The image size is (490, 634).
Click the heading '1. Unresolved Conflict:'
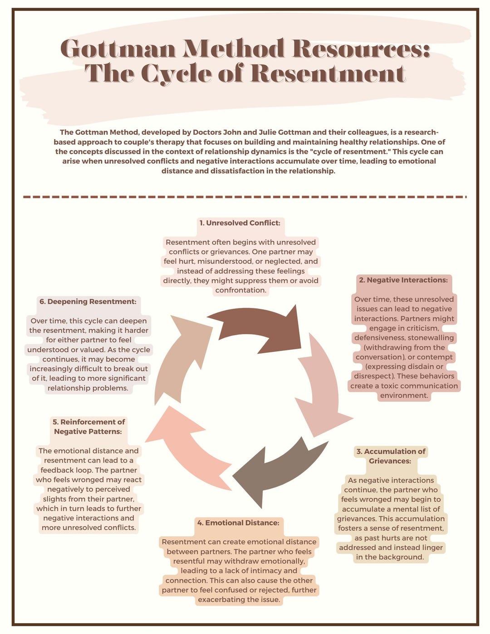point(240,223)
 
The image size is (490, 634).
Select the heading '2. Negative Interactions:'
point(403,280)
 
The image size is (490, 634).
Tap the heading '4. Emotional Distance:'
point(238,523)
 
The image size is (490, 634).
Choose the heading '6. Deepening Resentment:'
point(88,302)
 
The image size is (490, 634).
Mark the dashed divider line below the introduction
point(245,197)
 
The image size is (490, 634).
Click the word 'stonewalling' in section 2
point(431,338)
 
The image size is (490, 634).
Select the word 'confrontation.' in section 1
point(240,290)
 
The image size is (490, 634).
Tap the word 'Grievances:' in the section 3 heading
point(390,461)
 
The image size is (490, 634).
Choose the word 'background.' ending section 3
point(401,557)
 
